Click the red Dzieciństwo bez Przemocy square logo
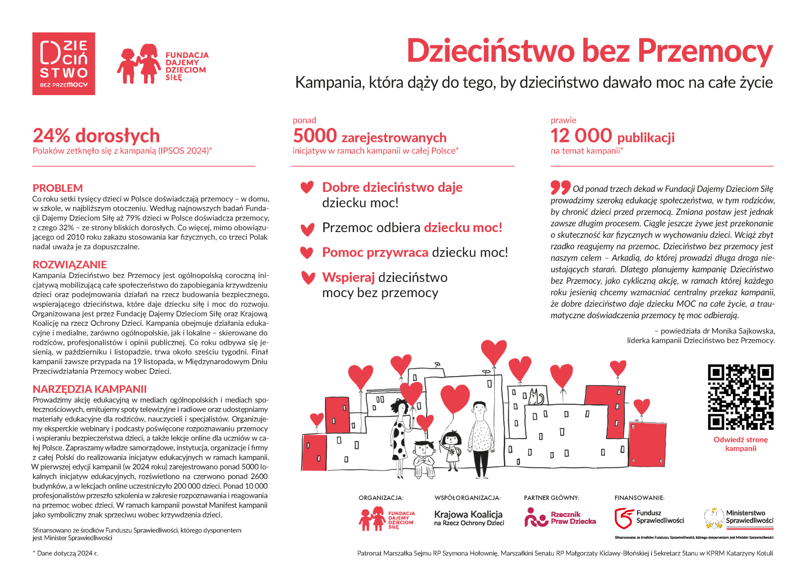63,63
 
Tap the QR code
741,397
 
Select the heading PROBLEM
57,188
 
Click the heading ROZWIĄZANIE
70,265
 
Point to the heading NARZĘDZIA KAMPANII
90,389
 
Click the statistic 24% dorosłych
96,136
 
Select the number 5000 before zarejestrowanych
315,136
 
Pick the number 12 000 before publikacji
581,136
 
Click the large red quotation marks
560,187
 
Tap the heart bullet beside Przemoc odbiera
307,230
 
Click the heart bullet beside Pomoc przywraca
307,253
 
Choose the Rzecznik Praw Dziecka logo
560,518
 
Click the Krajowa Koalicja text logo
468,518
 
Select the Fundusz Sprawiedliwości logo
649,518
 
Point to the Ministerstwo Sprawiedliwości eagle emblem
713,518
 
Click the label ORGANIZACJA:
381,497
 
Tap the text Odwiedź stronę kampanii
741,444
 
